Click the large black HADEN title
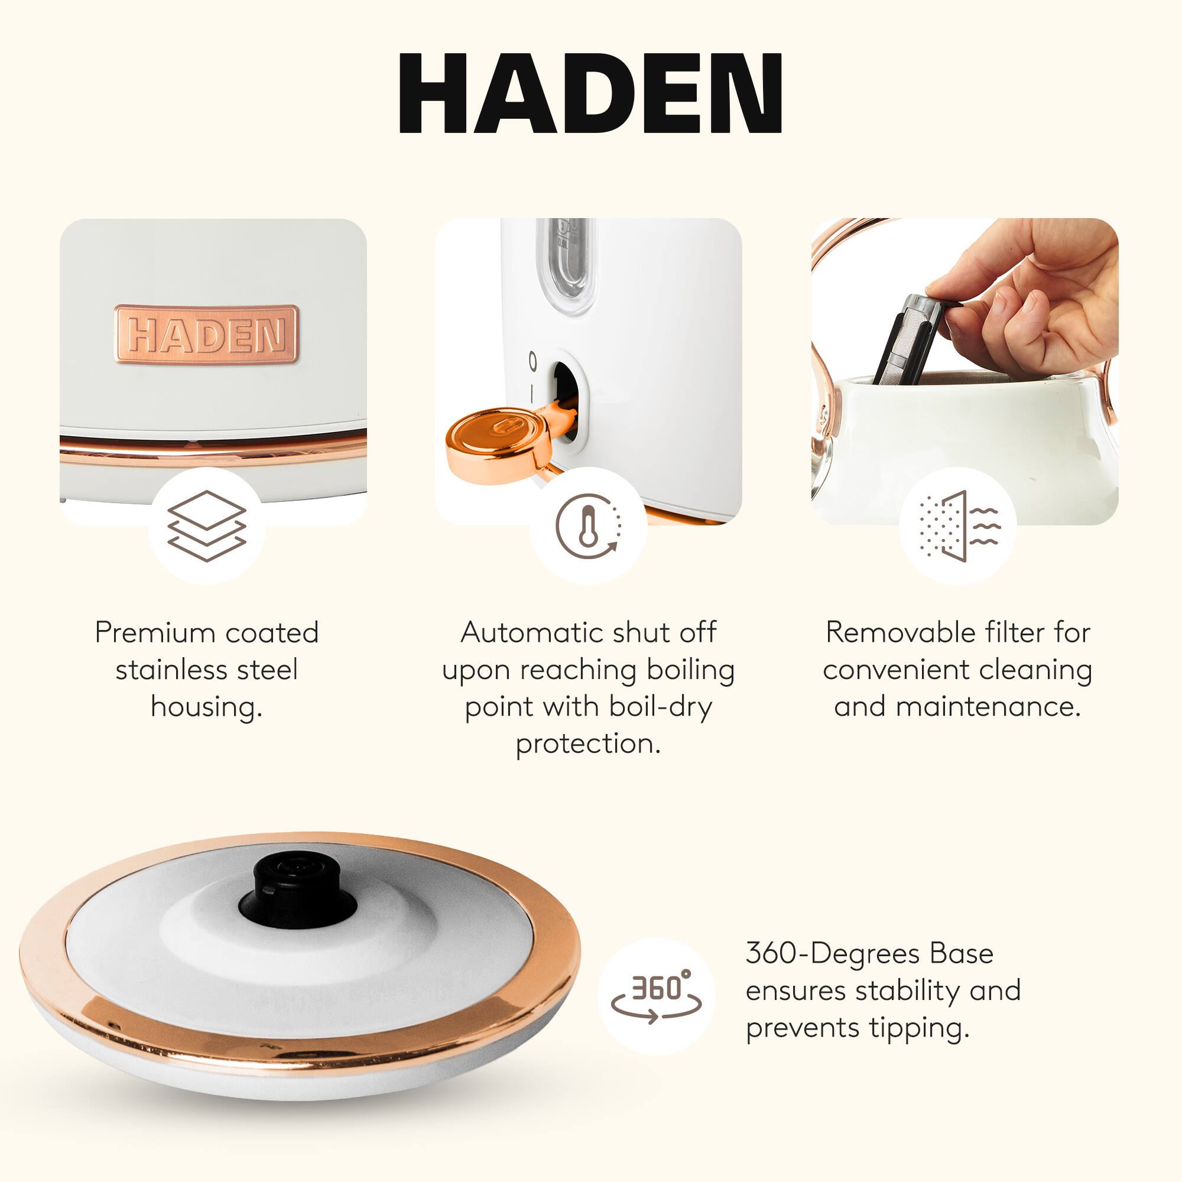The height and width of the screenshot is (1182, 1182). [590, 93]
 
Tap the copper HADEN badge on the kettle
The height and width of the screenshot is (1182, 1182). [207, 335]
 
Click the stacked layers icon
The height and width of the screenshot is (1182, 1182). [207, 526]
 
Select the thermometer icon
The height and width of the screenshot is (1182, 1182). [588, 526]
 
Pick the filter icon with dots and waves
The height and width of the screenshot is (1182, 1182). [959, 526]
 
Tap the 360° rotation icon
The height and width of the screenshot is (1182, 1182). [656, 996]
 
